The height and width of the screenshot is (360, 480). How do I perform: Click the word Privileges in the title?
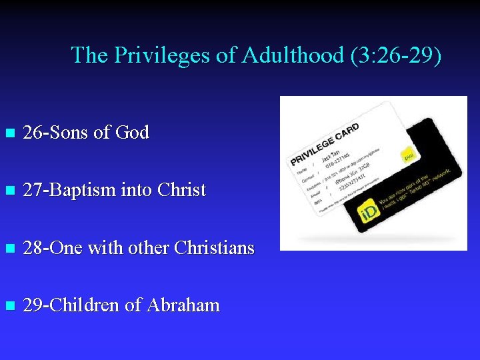(162, 55)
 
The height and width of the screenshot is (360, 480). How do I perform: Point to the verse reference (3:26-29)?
(395, 55)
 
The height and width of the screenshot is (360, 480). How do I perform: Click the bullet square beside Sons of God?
(9, 133)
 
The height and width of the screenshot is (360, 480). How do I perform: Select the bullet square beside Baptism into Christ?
(9, 191)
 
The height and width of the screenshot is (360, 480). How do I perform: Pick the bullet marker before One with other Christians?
(9, 249)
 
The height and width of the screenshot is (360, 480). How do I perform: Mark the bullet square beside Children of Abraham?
(9, 306)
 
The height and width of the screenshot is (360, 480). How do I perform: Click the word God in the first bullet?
(132, 133)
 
